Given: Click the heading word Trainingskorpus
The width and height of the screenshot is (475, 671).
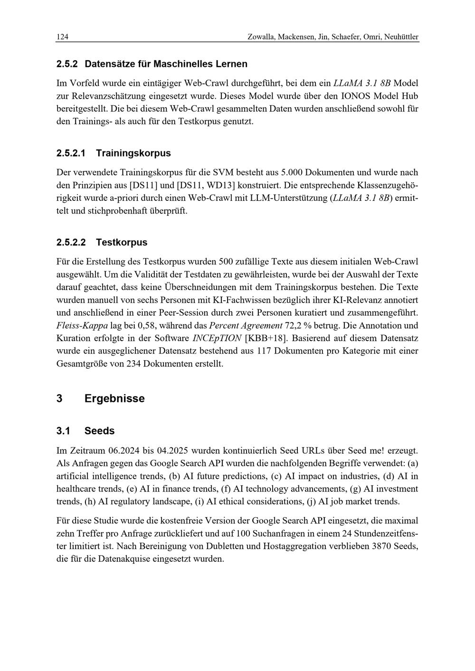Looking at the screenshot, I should tap(133, 153).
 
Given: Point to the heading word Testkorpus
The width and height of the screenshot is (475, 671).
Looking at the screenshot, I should tap(122, 242).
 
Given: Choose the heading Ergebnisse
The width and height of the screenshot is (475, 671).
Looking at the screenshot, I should tap(114, 399).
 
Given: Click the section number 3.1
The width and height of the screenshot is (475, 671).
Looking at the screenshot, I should tap(63, 431).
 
